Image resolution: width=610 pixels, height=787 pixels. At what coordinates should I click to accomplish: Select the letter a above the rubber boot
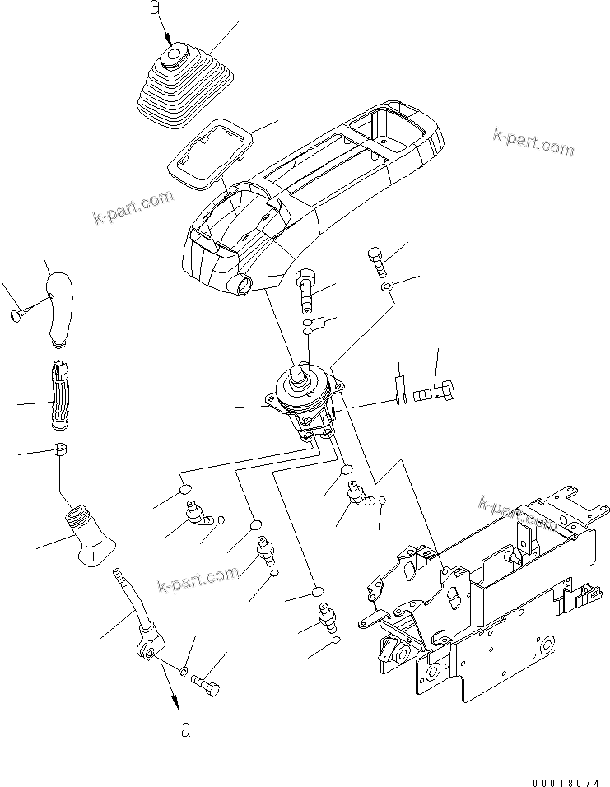coord(153,9)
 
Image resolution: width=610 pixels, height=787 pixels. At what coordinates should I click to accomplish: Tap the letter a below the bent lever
coord(186,729)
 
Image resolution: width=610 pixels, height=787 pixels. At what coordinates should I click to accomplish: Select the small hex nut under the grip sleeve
coord(59,450)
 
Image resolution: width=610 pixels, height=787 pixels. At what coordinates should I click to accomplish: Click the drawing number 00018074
coord(566,776)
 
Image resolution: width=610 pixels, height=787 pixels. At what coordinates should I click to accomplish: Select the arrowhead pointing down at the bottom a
coord(175,702)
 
